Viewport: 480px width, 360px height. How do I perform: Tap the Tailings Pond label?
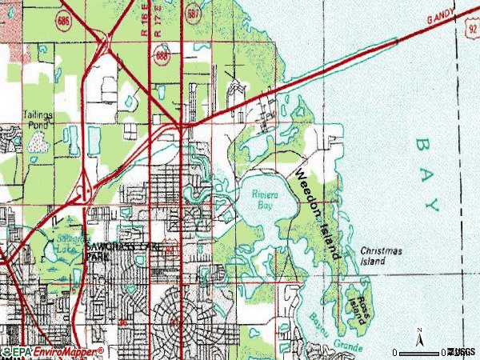pyautogui.click(x=37, y=119)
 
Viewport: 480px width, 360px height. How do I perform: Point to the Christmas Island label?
pyautogui.click(x=379, y=256)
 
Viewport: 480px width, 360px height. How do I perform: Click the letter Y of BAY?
pyautogui.click(x=434, y=205)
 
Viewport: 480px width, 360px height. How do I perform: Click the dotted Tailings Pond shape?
pyautogui.click(x=38, y=142)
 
